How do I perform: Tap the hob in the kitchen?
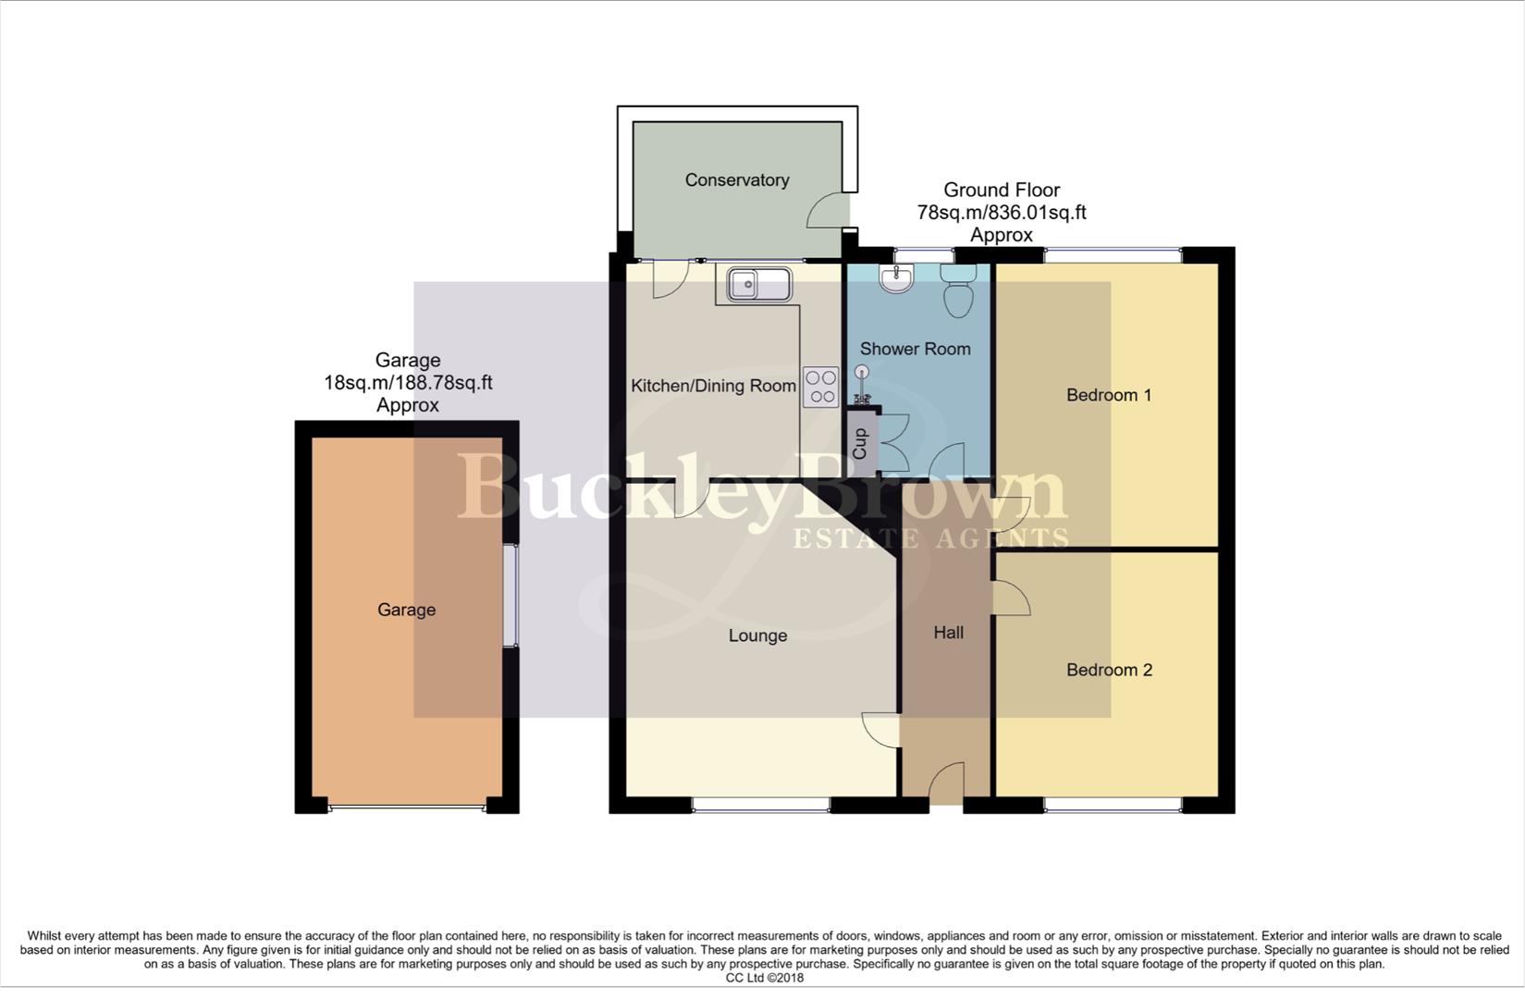pyautogui.click(x=820, y=387)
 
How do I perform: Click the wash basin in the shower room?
pyautogui.click(x=896, y=277)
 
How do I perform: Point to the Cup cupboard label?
pyautogui.click(x=860, y=444)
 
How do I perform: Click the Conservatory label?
pyautogui.click(x=736, y=180)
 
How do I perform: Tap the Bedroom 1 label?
pyautogui.click(x=1108, y=395)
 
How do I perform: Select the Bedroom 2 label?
pyautogui.click(x=1109, y=670)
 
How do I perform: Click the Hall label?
pyautogui.click(x=948, y=633)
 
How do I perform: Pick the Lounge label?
pyautogui.click(x=757, y=635)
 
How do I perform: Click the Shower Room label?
pyautogui.click(x=915, y=349)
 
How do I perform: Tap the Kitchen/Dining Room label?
pyautogui.click(x=713, y=386)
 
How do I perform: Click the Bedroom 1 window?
pyautogui.click(x=1113, y=253)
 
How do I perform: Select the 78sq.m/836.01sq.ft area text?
pyautogui.click(x=1001, y=213)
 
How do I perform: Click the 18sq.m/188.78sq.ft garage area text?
pyautogui.click(x=408, y=383)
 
